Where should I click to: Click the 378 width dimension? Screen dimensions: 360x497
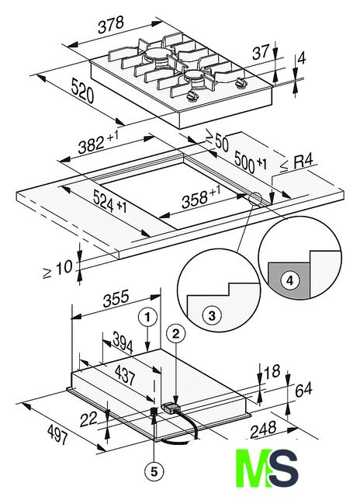[110, 25]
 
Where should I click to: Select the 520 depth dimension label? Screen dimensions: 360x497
[83, 91]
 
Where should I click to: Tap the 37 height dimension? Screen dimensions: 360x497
[261, 53]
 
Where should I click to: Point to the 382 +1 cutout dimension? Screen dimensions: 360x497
[99, 143]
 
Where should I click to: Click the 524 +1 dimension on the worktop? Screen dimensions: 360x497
[110, 203]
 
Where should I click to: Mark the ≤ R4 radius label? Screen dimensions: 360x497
[297, 164]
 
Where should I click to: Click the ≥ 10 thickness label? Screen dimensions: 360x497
[57, 269]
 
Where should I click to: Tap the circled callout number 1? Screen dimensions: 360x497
[147, 318]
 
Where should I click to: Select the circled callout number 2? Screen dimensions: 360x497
[175, 333]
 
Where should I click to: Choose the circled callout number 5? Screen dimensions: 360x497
[154, 471]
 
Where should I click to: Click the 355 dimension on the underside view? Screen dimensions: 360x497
[116, 298]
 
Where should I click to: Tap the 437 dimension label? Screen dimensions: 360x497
[125, 375]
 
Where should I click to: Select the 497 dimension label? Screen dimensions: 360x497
[57, 434]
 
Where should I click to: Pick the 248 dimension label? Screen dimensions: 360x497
[263, 429]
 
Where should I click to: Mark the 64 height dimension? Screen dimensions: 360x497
[303, 390]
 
